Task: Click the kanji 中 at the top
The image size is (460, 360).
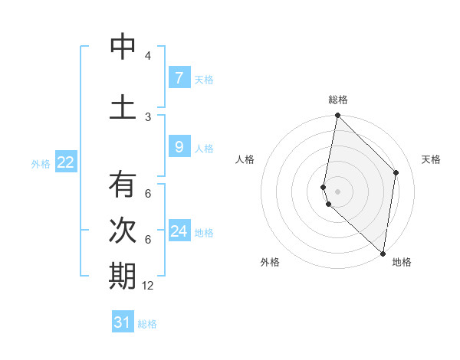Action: (x=123, y=47)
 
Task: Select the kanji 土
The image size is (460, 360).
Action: (x=123, y=106)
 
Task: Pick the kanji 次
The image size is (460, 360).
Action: (x=123, y=231)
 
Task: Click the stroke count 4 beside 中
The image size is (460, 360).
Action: (x=148, y=56)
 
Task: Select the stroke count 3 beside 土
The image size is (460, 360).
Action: (x=148, y=116)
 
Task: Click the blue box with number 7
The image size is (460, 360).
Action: (x=179, y=77)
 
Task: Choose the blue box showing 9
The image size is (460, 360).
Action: (x=179, y=146)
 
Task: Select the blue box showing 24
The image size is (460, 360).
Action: (x=179, y=231)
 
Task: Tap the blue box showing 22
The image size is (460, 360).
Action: (x=65, y=162)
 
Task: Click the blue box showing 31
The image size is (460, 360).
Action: (x=123, y=322)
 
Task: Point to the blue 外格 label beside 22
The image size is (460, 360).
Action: (x=41, y=163)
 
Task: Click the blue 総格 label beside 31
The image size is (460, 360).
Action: (x=147, y=324)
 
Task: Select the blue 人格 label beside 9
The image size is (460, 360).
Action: (x=204, y=148)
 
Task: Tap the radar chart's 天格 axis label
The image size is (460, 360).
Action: (x=431, y=159)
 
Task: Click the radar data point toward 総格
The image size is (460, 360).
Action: (x=337, y=116)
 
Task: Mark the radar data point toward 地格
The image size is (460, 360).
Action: (x=383, y=253)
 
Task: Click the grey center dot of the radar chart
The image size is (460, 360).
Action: (x=337, y=191)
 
